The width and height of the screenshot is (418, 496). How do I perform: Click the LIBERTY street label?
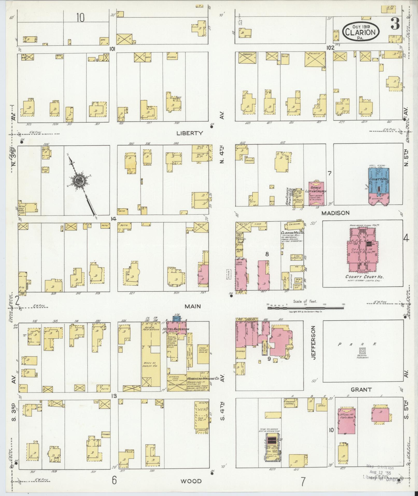click(x=189, y=133)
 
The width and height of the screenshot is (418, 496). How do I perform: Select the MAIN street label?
click(x=193, y=306)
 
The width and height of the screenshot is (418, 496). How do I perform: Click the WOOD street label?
click(x=191, y=481)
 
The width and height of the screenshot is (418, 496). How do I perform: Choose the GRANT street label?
click(x=361, y=397)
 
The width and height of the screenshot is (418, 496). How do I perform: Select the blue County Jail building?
click(x=379, y=181)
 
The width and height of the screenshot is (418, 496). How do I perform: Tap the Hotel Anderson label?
click(x=176, y=329)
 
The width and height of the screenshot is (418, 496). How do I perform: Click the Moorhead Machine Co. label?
click(x=203, y=379)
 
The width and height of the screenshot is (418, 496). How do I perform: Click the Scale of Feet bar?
click(x=306, y=308)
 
